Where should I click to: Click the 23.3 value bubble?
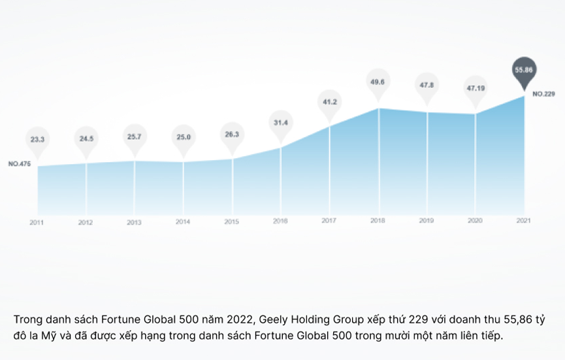pos(37,139)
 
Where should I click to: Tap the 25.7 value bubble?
pos(135,137)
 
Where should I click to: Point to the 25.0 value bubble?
pos(183,137)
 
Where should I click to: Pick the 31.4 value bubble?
pos(281,122)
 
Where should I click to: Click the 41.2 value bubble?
pos(330,102)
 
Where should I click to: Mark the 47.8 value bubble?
pos(427,85)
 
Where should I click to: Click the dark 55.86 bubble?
pos(524,69)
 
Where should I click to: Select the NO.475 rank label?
pos(20,163)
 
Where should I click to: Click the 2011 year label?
pos(37,222)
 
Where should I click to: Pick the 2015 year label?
pos(232,222)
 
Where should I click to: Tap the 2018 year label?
pos(378,221)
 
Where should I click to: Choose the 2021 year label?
pos(524,220)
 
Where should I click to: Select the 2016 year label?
pos(281,221)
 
